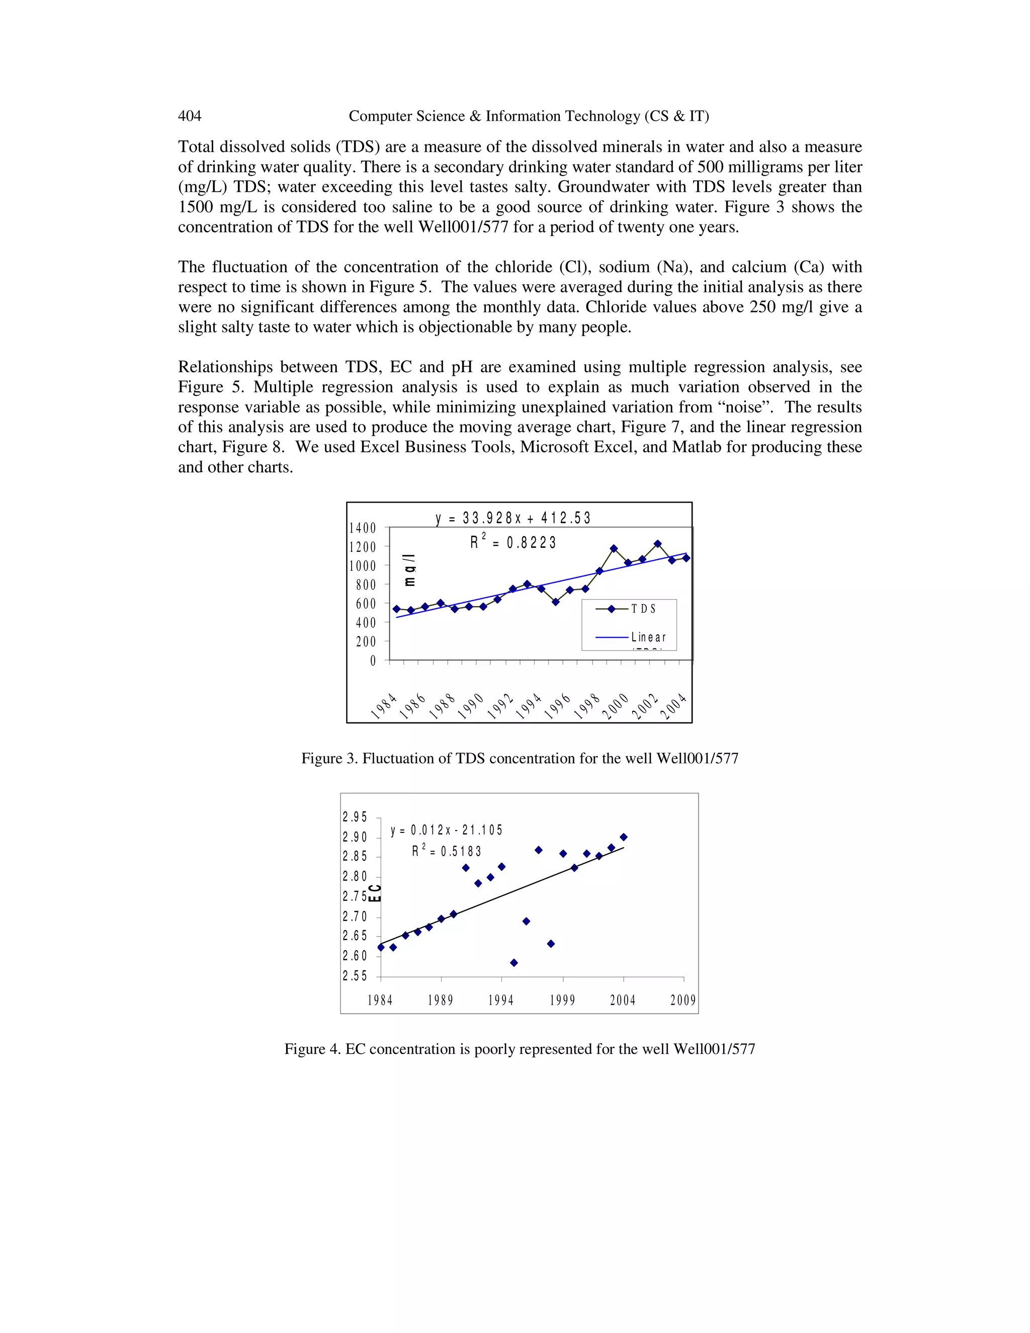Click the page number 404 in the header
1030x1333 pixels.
point(189,116)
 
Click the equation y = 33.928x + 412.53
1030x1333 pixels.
point(513,518)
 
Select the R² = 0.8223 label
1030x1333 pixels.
point(513,542)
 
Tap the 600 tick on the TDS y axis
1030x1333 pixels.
point(366,604)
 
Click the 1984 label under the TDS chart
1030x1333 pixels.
point(384,707)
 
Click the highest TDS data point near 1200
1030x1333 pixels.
point(657,543)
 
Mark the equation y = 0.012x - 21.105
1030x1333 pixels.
point(447,830)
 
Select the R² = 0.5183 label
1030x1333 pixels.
point(447,851)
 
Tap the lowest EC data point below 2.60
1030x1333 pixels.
point(514,962)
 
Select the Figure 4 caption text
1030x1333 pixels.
point(519,1049)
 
